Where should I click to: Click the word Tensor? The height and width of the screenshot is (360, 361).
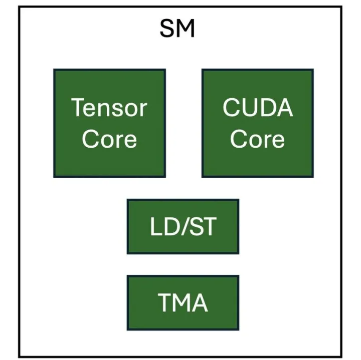tap(109, 108)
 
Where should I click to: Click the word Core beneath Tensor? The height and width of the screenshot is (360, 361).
tap(109, 139)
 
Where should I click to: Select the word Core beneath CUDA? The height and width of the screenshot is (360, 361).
tap(258, 139)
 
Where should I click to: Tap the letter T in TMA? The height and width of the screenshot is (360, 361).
tap(164, 303)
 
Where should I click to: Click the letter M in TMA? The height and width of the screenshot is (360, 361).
tap(182, 303)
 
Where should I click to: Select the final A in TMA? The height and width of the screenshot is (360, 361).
tap(200, 303)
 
